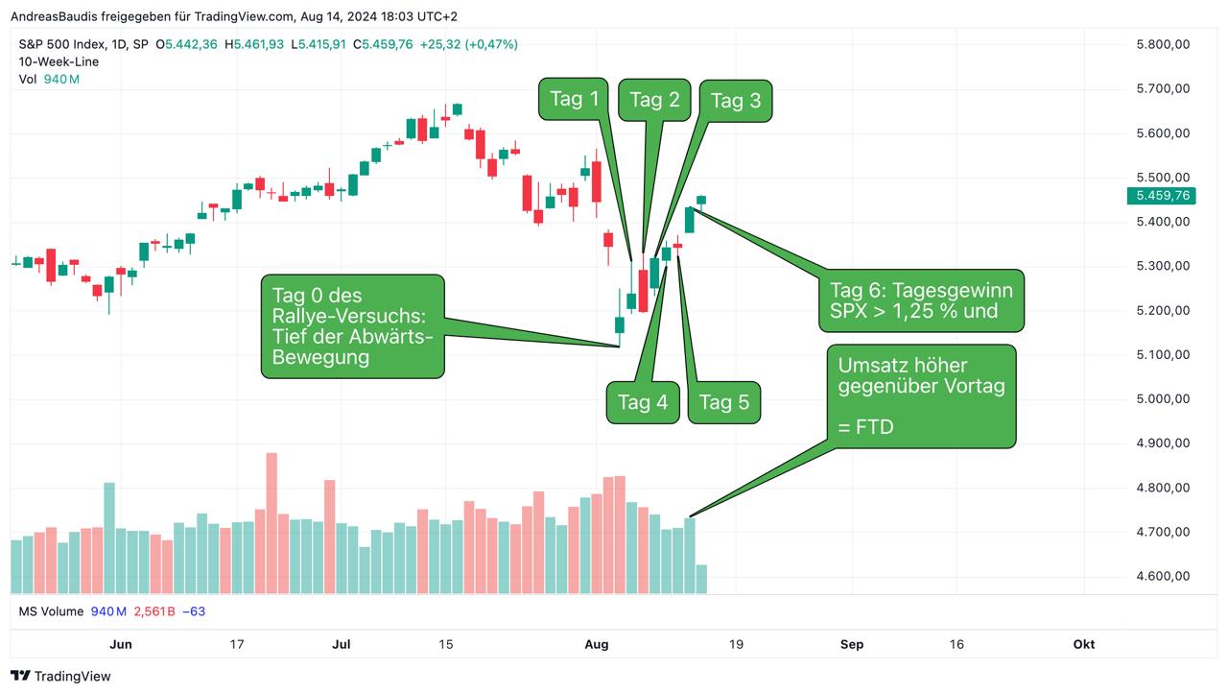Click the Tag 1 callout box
[x=575, y=99]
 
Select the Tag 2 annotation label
[x=654, y=100]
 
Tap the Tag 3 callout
[x=735, y=101]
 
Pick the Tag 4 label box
[x=642, y=402]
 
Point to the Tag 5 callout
[x=724, y=402]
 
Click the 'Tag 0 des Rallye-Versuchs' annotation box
[x=353, y=326]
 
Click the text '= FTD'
[x=865, y=426]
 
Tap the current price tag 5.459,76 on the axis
[x=1162, y=195]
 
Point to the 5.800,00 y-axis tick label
[x=1163, y=44]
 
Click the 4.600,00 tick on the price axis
[x=1163, y=576]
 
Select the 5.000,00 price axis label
[x=1163, y=398]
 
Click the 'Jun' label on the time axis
[x=121, y=644]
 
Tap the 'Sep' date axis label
[x=851, y=644]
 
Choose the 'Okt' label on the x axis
[x=1083, y=644]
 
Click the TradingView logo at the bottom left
[x=60, y=676]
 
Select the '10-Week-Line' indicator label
[x=59, y=61]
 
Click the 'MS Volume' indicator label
[x=52, y=611]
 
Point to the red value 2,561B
[x=153, y=611]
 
